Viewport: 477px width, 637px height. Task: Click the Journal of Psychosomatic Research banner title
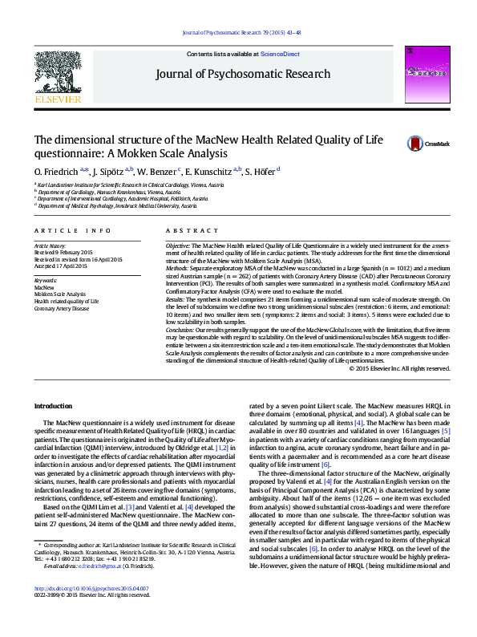tap(238, 74)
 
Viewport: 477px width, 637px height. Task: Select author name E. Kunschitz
tap(212, 172)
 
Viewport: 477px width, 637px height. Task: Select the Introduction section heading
tap(53, 407)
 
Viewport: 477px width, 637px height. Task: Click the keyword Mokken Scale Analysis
tap(60, 294)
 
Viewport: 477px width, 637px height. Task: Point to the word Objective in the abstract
tap(177, 243)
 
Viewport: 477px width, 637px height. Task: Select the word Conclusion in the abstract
tap(180, 331)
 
